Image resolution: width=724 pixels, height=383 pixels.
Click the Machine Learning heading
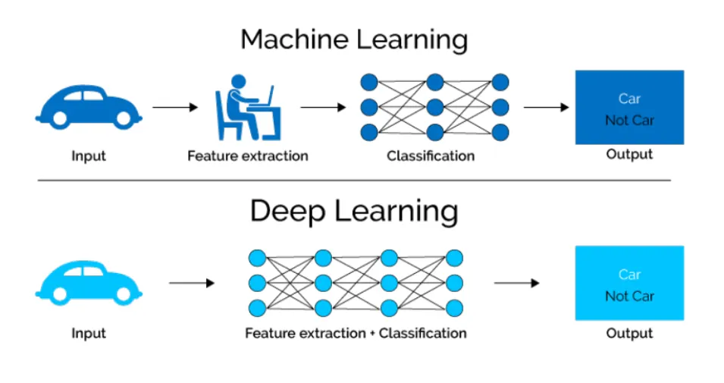(x=354, y=39)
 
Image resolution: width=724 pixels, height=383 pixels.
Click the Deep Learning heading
(x=354, y=212)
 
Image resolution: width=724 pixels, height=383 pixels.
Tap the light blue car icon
(x=87, y=284)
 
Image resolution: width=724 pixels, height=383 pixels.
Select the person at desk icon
(x=247, y=107)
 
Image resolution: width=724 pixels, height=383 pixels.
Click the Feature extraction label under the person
(x=248, y=156)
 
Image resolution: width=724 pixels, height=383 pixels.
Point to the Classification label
(x=431, y=156)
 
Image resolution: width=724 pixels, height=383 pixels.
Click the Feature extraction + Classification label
(x=356, y=333)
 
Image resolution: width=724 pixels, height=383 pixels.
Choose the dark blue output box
(x=629, y=107)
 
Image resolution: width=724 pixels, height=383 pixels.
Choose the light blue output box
(x=629, y=284)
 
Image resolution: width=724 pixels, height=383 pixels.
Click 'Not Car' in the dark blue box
(x=629, y=120)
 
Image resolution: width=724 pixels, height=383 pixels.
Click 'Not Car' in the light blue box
(x=629, y=297)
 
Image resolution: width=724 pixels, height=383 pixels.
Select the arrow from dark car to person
(x=175, y=107)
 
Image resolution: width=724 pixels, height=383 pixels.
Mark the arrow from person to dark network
(x=323, y=107)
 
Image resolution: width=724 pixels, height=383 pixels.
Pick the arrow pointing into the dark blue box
(x=546, y=107)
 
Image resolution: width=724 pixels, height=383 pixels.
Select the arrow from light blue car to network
(x=192, y=284)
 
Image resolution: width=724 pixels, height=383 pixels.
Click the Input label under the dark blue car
(x=89, y=156)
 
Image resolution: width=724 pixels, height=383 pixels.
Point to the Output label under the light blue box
(x=629, y=333)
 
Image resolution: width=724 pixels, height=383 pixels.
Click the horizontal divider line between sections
(x=354, y=181)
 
